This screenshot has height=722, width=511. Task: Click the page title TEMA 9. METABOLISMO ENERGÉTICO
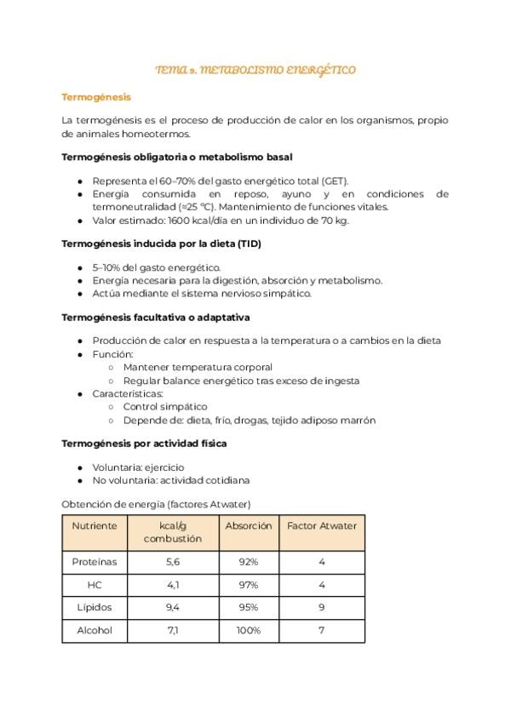255,70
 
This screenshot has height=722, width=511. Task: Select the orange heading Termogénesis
96,97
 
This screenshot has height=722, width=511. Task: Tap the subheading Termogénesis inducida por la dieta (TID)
161,244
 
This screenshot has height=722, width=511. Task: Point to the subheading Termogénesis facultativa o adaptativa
156,318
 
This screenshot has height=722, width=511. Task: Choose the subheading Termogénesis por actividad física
144,444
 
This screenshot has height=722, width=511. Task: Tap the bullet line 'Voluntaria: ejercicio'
138,467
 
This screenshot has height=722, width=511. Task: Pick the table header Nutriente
95,526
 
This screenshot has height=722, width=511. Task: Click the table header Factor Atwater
322,526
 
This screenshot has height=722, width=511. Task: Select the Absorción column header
249,526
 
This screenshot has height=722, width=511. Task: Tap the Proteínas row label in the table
95,563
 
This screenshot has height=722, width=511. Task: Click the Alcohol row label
95,631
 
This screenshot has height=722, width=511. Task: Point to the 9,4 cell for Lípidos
173,608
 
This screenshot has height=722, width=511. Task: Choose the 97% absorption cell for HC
249,586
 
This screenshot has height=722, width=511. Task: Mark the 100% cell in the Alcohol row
249,631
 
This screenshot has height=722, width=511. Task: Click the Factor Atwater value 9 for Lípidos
322,608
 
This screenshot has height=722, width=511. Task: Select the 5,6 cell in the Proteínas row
173,563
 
